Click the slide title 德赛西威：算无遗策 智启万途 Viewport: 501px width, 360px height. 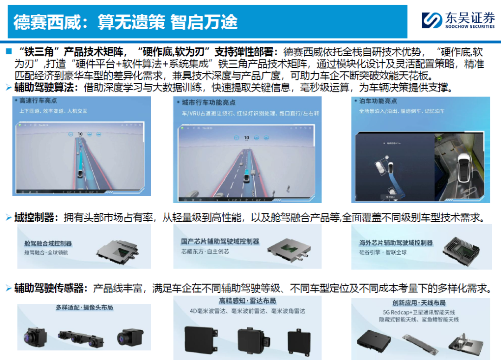click(125, 22)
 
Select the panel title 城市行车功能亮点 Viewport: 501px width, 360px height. click(205, 102)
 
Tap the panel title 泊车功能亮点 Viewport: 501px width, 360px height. click(378, 101)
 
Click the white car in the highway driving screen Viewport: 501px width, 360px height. click(79, 174)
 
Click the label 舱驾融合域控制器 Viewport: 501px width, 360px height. click(48, 244)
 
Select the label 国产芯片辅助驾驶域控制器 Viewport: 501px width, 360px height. click(220, 242)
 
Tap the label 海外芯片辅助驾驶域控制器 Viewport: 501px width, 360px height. click(396, 243)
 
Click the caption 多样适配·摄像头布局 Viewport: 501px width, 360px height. click(84, 308)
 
